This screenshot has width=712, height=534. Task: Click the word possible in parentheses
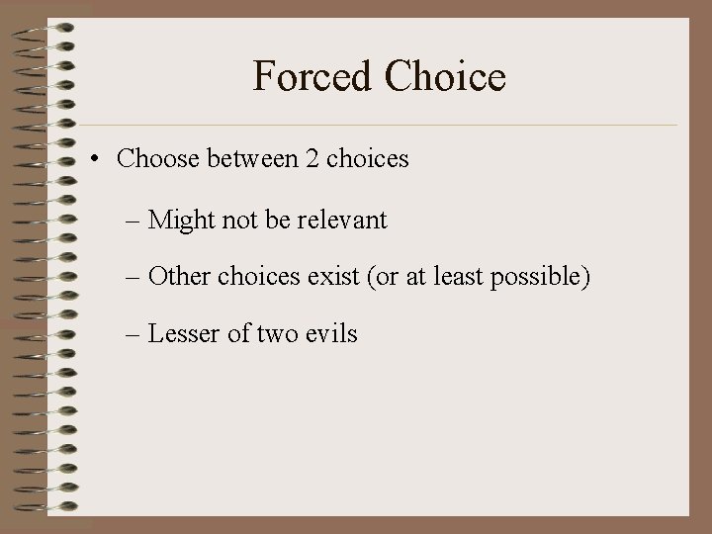tap(539, 278)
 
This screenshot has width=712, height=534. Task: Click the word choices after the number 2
tap(367, 159)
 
